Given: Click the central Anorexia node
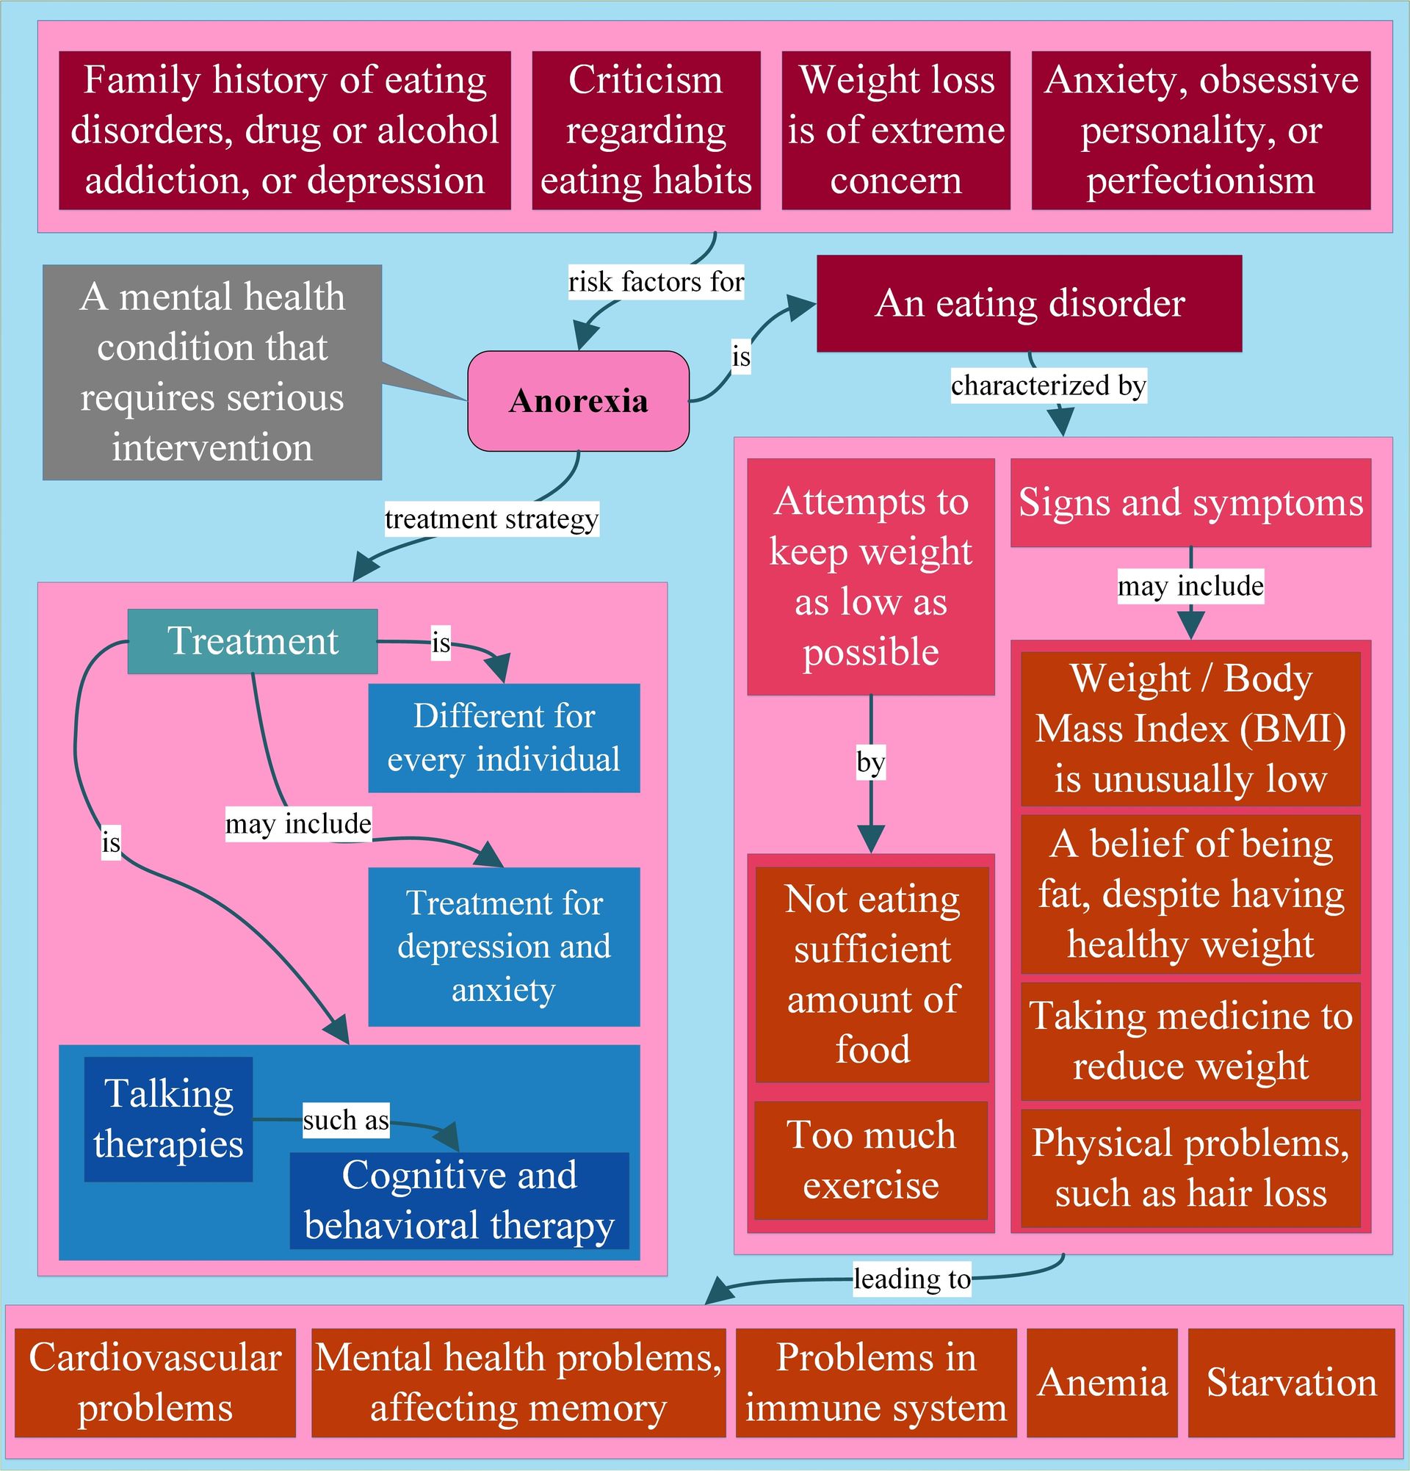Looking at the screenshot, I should click(578, 401).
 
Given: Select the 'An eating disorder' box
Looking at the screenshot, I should click(1029, 303).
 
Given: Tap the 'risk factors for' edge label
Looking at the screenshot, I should click(655, 282).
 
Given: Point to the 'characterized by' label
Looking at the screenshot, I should click(1047, 385).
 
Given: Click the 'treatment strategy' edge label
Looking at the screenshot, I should click(491, 518).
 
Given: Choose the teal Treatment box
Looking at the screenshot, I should click(252, 641).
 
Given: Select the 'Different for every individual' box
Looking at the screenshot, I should click(504, 738).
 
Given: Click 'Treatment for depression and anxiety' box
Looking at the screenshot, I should click(504, 947).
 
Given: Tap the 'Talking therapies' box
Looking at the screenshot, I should click(168, 1119).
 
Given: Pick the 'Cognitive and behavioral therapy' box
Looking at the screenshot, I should click(459, 1200).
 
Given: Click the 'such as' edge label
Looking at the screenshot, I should click(345, 1120).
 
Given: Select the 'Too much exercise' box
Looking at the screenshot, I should click(870, 1160).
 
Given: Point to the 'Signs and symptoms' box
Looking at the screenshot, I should click(1190, 502).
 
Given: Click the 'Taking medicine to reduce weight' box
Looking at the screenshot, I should click(1190, 1041).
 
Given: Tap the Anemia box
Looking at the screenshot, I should click(1102, 1382).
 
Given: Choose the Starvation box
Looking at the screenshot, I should click(1291, 1382).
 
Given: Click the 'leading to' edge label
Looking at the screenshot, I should click(912, 1278).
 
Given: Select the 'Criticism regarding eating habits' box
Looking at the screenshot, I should click(646, 130).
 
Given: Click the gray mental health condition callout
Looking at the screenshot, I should click(211, 372).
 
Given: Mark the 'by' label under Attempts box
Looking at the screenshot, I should click(870, 763).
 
